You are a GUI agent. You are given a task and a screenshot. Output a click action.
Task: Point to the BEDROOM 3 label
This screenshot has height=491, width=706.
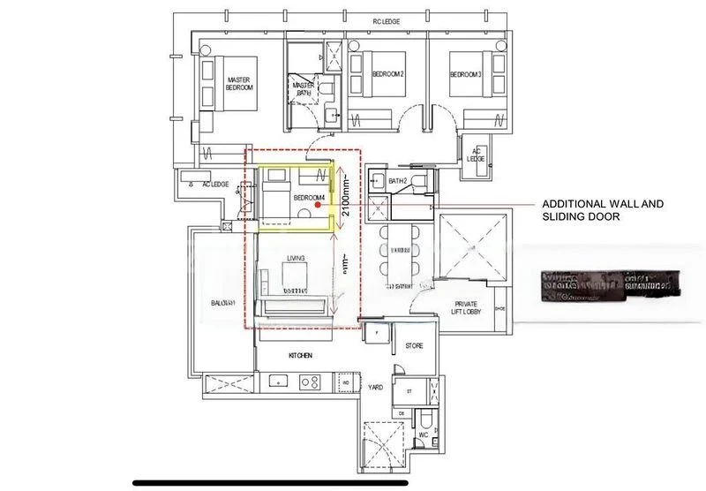pyautogui.click(x=466, y=74)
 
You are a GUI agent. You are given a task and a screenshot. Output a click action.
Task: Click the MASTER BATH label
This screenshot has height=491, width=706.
pyautogui.click(x=304, y=87)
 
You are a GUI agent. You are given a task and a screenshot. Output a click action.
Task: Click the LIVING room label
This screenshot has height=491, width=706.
pyautogui.click(x=295, y=258)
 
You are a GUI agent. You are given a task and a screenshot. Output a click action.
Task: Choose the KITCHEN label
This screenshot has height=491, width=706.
pyautogui.click(x=300, y=356)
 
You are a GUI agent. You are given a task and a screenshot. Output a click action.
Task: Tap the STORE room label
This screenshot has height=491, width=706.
pyautogui.click(x=414, y=347)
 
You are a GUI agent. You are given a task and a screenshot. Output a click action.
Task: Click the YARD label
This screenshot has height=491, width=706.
pyautogui.click(x=377, y=387)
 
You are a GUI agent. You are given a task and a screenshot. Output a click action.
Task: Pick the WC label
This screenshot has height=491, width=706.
pyautogui.click(x=423, y=434)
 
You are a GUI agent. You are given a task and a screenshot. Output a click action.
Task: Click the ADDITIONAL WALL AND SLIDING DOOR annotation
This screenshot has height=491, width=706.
pyautogui.click(x=602, y=208)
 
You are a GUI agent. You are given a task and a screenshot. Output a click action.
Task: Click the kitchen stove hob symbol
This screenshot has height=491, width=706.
pyautogui.click(x=310, y=382)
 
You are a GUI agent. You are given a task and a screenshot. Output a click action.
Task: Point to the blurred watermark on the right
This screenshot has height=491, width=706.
pyautogui.click(x=615, y=283)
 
